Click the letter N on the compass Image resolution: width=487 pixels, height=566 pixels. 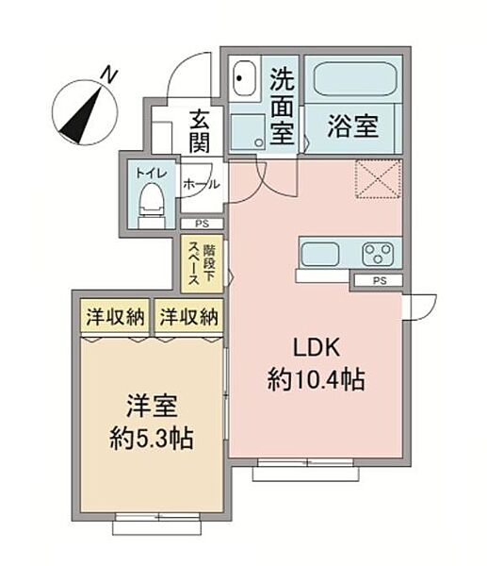pos(109,75)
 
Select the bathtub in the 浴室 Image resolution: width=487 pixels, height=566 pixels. pos(355,79)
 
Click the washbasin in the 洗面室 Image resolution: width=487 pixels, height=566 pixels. pos(244,78)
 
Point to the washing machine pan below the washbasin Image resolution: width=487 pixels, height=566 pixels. pos(248,132)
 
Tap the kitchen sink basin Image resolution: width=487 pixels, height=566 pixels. pos(319,254)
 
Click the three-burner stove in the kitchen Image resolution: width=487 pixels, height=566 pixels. pos(378,254)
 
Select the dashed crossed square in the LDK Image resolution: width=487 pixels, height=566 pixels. pos(378,179)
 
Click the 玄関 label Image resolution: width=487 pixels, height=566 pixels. pos(200,131)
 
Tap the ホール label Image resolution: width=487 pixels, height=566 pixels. pos(202,185)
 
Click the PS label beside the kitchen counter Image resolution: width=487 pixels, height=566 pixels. pos(380,280)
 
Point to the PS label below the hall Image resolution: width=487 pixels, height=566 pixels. pos(202,224)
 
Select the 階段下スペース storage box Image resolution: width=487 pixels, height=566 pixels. pos(202,264)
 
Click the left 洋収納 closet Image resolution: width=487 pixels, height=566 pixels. pos(115,316)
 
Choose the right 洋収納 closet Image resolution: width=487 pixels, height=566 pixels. pos(189,316)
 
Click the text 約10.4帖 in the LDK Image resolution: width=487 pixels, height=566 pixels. pos(316,379)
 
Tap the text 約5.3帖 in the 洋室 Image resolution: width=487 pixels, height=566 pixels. pos(152,438)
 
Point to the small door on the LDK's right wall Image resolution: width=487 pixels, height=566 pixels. pos(419,308)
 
